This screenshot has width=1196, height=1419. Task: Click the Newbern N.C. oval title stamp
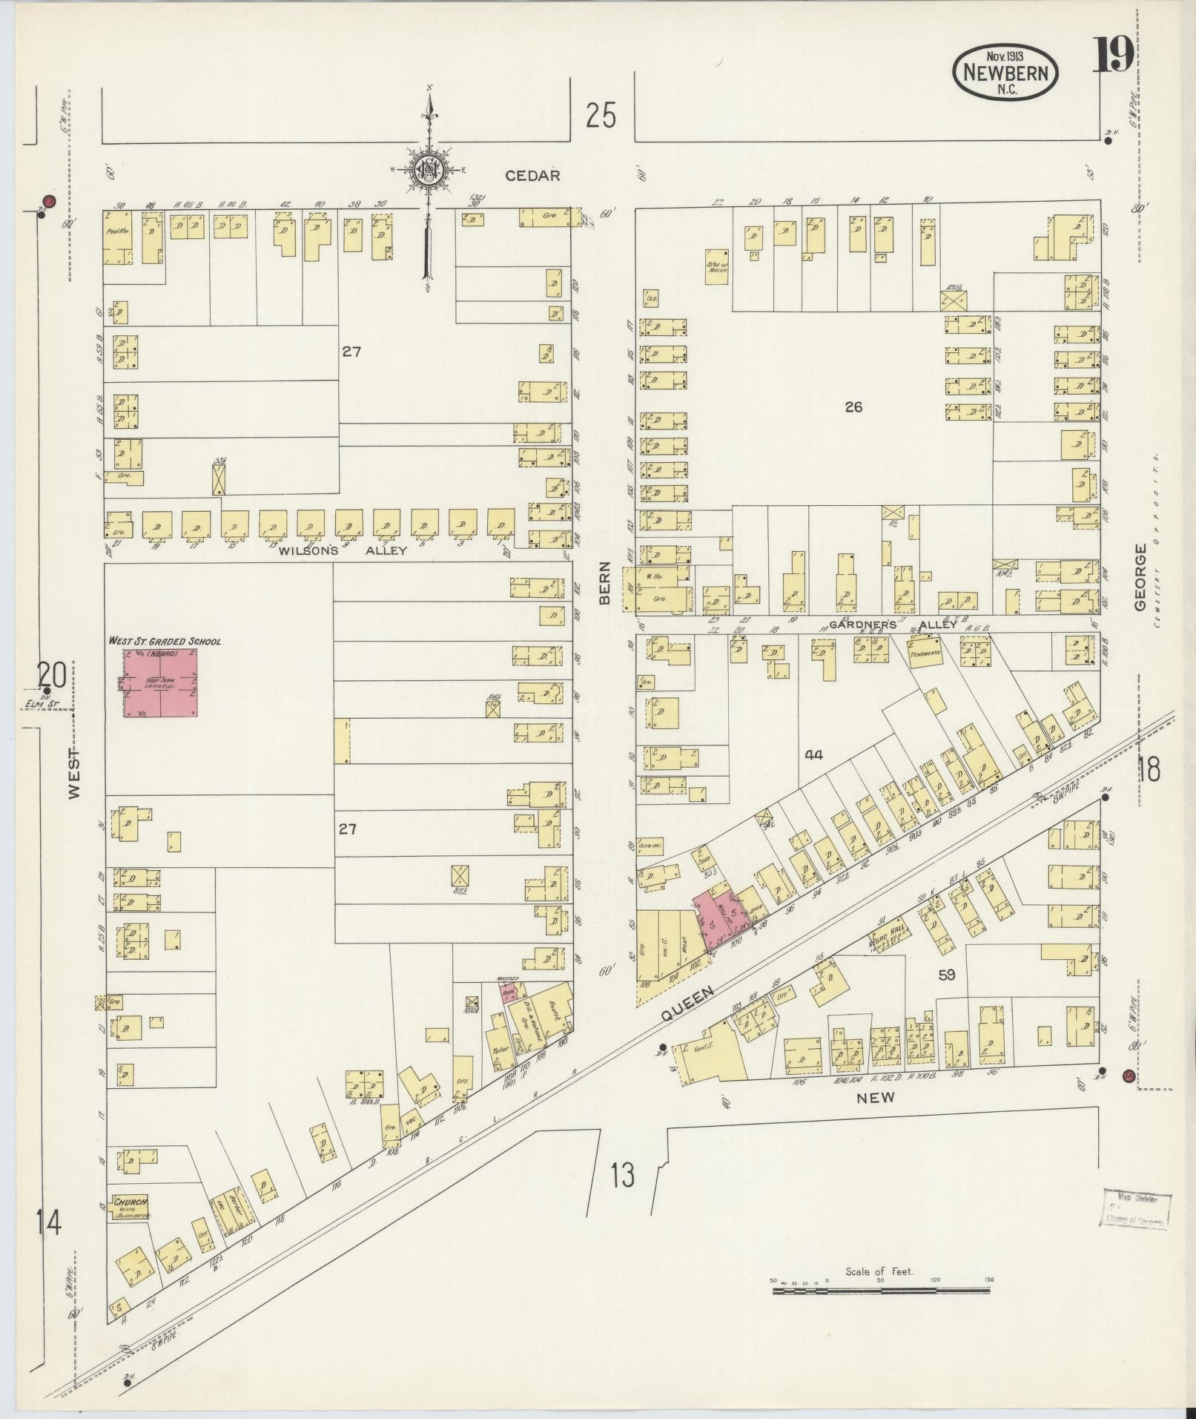(x=1005, y=72)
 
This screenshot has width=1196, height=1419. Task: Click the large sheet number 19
(x=1113, y=55)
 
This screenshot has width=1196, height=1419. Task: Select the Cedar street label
(x=532, y=176)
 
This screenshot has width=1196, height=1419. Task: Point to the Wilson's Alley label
(x=343, y=551)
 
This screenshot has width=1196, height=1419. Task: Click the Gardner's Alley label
(x=893, y=625)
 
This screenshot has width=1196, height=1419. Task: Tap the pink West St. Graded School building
(x=161, y=682)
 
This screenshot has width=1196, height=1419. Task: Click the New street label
(x=876, y=1097)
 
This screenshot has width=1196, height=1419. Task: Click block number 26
(x=853, y=406)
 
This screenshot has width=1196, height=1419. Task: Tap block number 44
(x=813, y=755)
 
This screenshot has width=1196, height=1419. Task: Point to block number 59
(x=946, y=975)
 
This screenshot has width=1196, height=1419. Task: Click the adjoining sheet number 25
(x=600, y=116)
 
